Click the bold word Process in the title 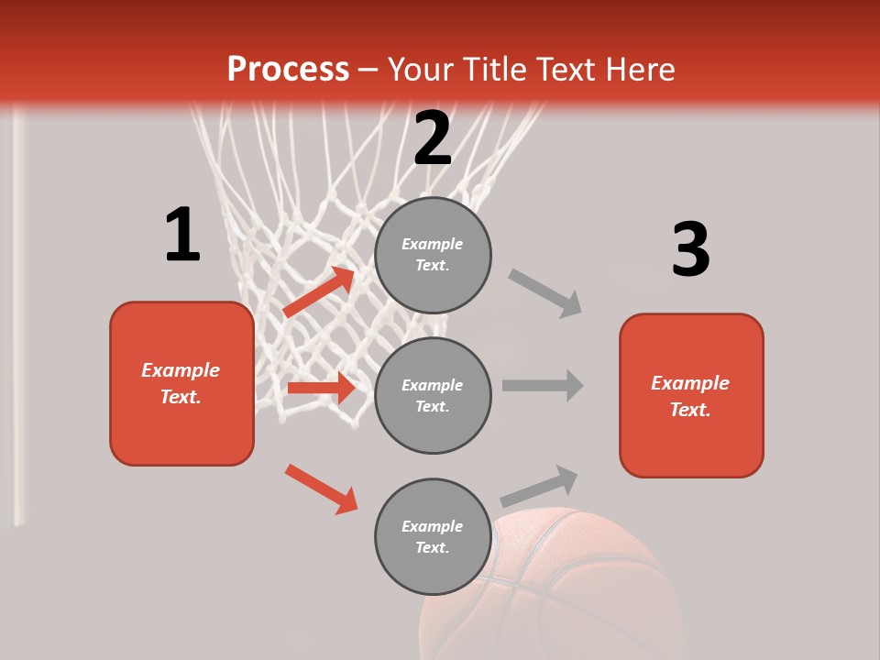point(288,70)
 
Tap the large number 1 point(182,236)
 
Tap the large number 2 point(433,138)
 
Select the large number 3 point(690,249)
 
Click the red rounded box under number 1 point(181,383)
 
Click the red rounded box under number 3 point(691,395)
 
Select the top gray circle point(433,255)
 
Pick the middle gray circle point(433,395)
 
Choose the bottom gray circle point(433,536)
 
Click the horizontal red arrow point(321,388)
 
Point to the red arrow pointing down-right point(321,489)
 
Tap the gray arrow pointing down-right point(545,293)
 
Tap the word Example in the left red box point(181,370)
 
